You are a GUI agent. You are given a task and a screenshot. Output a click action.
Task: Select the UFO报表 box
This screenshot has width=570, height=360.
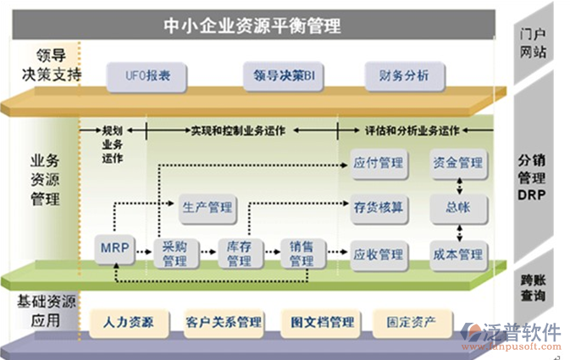pyautogui.click(x=139, y=75)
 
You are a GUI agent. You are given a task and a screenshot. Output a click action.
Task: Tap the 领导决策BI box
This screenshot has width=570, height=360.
pyautogui.click(x=283, y=75)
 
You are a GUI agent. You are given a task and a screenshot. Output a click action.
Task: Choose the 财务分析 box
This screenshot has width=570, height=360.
pyautogui.click(x=397, y=75)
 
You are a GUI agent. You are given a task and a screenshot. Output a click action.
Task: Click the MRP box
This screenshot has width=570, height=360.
pyautogui.click(x=113, y=248)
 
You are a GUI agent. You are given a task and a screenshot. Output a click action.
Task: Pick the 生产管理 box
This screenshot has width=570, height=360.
pyautogui.click(x=208, y=206)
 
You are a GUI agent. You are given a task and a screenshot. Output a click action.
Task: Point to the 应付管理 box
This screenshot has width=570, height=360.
pyautogui.click(x=378, y=163)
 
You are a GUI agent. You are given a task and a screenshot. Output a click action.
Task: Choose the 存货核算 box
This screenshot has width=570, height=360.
pyautogui.click(x=378, y=206)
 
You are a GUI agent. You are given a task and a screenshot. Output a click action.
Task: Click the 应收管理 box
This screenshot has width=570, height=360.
pyautogui.click(x=378, y=253)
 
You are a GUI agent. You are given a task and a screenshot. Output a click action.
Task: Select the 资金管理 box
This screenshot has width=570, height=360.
pyautogui.click(x=457, y=163)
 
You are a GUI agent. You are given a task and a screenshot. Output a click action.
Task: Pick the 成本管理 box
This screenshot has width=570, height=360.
pyautogui.click(x=457, y=253)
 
